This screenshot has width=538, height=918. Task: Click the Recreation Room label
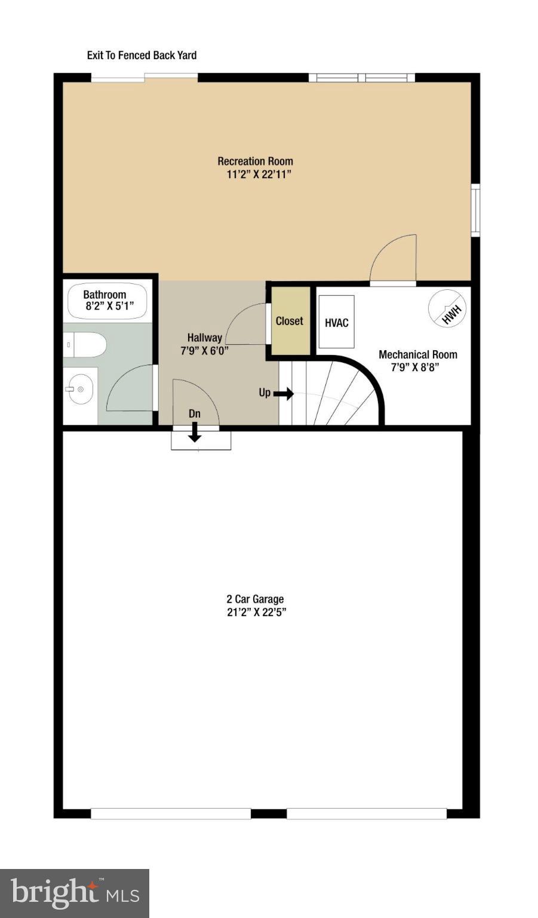click(x=255, y=161)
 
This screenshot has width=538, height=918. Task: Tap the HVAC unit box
click(x=336, y=322)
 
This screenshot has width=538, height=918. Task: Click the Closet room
click(x=290, y=322)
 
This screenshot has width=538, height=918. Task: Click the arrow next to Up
click(x=284, y=393)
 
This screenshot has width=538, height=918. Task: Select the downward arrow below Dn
click(x=195, y=433)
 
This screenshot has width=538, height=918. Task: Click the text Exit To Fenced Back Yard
click(x=142, y=56)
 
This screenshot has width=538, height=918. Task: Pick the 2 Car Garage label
click(x=255, y=599)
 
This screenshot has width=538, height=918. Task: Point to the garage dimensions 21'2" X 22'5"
click(x=256, y=612)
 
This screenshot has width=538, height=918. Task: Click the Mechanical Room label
click(x=418, y=354)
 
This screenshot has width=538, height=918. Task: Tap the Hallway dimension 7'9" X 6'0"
click(x=204, y=351)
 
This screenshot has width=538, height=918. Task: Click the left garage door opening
click(x=171, y=813)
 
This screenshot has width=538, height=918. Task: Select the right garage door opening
click(x=367, y=813)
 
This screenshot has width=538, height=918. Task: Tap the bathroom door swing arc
click(x=128, y=388)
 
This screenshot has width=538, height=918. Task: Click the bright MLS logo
click(x=75, y=893)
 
